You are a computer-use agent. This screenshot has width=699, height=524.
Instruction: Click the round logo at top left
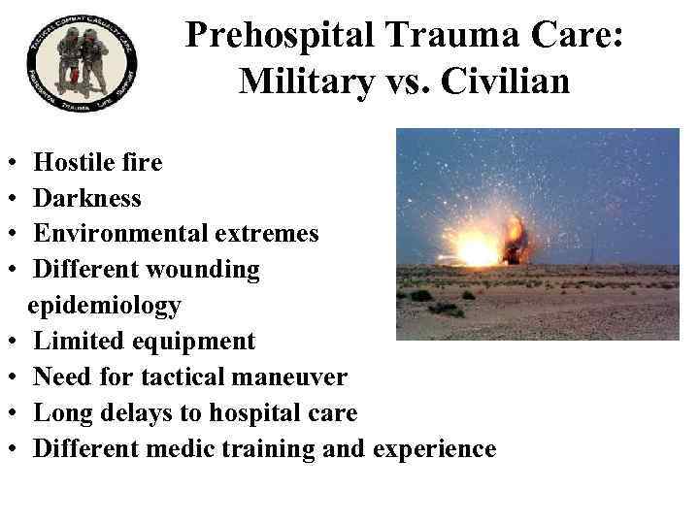pos(83,63)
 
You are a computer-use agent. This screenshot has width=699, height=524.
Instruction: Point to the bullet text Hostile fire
pos(98,162)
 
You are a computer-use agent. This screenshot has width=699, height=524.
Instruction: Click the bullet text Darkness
pos(87,199)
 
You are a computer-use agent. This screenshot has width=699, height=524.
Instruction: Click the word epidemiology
pos(104,306)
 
